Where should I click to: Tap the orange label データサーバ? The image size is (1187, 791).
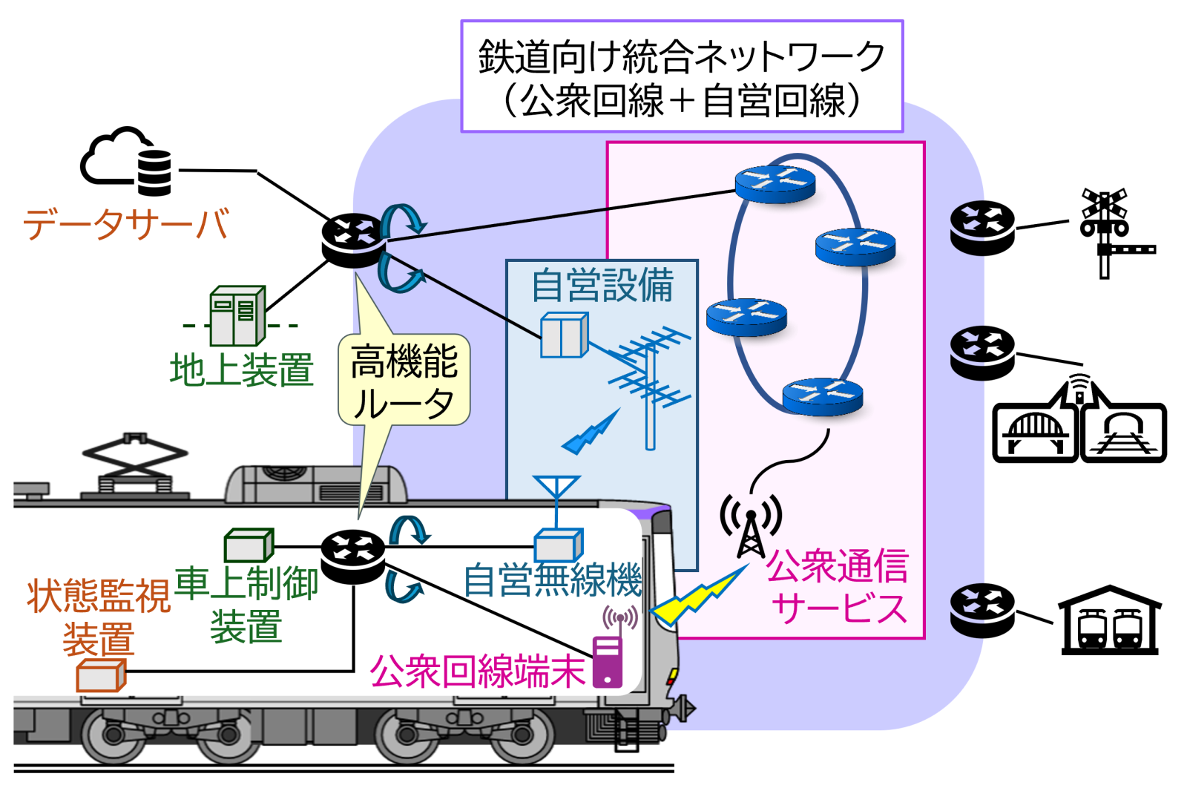[126, 223]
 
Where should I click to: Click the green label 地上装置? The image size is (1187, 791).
[242, 370]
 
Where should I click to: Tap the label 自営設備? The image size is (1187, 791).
[602, 286]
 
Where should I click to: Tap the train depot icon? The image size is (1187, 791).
[1110, 622]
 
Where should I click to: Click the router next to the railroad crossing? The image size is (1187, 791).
[982, 229]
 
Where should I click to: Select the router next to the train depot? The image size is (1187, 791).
[982, 610]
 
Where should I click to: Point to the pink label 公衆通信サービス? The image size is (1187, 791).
[838, 586]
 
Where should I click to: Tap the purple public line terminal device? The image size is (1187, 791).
[608, 661]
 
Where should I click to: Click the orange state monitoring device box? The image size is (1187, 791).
[101, 677]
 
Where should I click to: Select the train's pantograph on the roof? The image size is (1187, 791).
[135, 465]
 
